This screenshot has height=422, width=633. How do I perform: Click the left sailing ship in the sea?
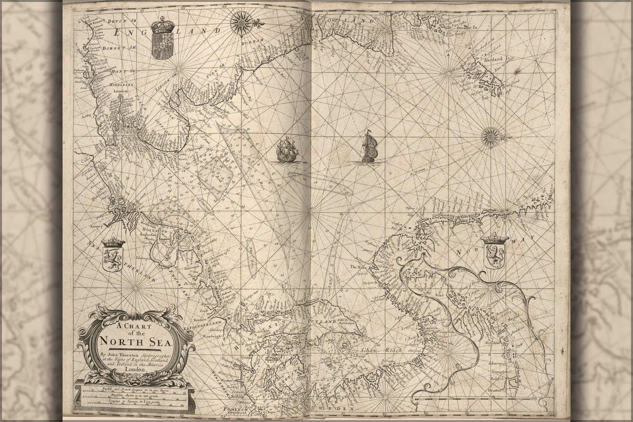tap(285, 150)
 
